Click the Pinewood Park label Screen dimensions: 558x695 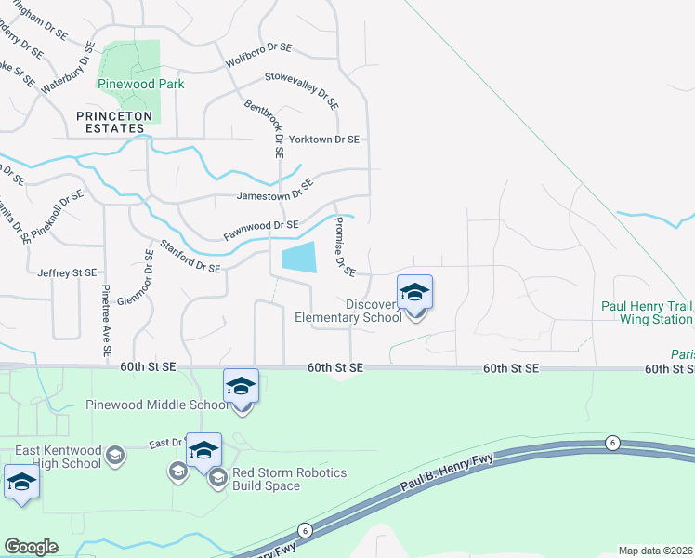point(141,84)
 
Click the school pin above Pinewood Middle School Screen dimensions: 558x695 point(241,385)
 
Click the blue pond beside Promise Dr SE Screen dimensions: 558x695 point(298,257)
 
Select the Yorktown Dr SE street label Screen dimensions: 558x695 point(323,139)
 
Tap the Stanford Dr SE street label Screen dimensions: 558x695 point(190,258)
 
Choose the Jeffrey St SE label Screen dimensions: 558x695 point(67,272)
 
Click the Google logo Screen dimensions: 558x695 point(30,547)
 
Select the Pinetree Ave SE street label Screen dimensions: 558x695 point(107,321)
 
